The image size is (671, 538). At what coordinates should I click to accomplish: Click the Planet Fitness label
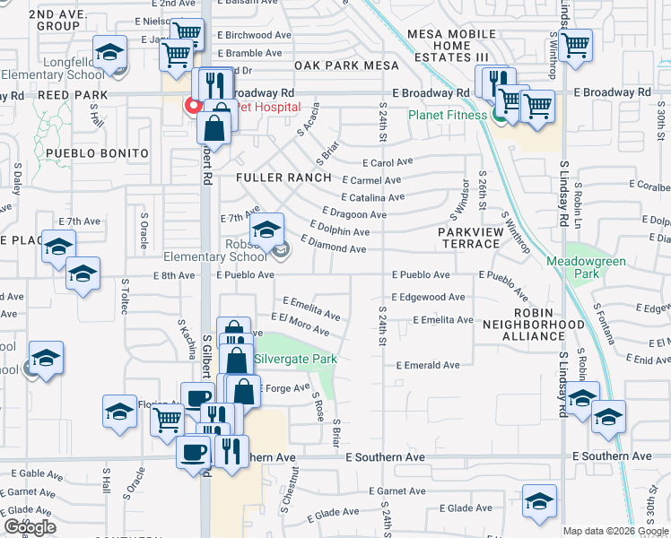click(x=447, y=115)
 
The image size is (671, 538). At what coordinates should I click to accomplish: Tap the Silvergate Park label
click(x=295, y=360)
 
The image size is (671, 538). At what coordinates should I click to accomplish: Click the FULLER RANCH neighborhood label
click(x=283, y=178)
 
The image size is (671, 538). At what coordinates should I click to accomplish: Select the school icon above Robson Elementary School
click(x=266, y=230)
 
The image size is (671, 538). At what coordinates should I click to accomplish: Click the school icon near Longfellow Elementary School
click(x=109, y=52)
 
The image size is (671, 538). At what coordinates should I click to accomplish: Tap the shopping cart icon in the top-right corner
click(x=574, y=43)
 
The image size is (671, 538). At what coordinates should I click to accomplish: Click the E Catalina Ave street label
click(x=372, y=197)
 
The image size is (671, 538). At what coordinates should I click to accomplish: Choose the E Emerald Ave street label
click(x=432, y=365)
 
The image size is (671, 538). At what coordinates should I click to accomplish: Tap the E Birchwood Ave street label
click(x=255, y=35)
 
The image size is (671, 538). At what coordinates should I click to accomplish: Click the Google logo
click(x=30, y=527)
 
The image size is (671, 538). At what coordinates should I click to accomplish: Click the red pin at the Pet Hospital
click(x=191, y=106)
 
